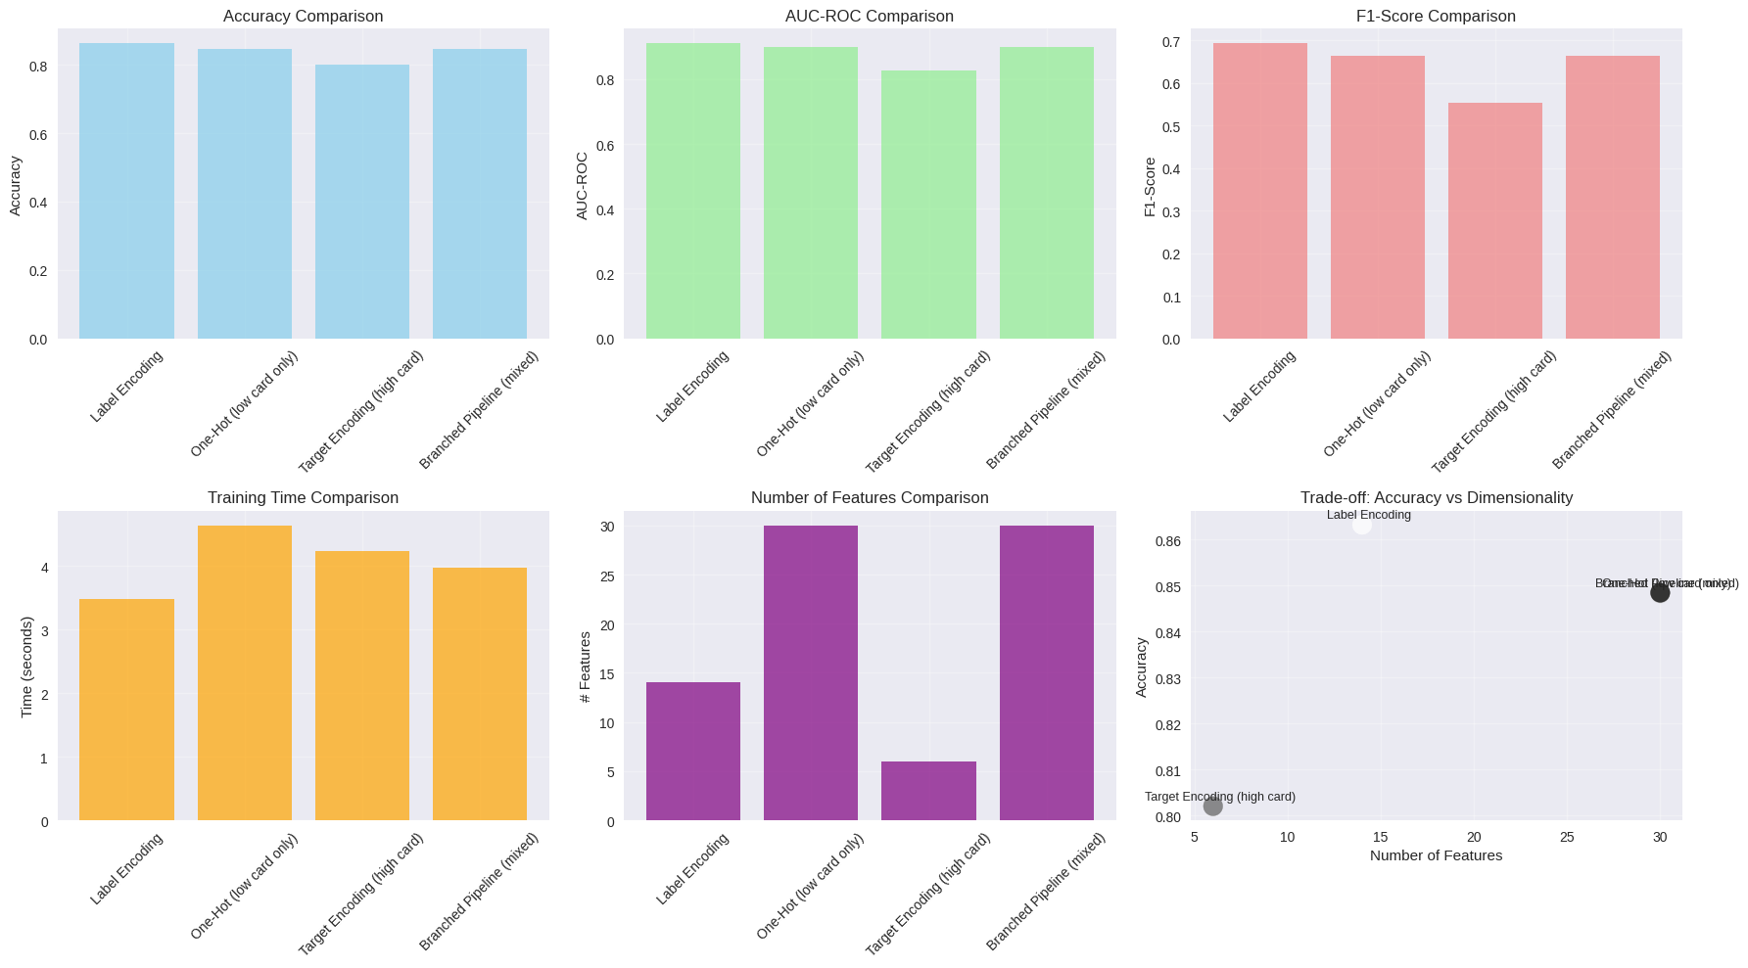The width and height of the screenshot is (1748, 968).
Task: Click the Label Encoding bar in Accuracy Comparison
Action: pos(126,191)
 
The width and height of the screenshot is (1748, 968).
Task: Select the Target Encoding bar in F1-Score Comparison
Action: pos(1494,221)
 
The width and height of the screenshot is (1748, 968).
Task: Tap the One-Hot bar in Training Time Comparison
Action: pos(245,672)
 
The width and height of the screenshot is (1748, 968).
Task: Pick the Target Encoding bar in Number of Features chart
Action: pos(928,791)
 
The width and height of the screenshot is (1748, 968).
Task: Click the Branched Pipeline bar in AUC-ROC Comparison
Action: pos(1046,193)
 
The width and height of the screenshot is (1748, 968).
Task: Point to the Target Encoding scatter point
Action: pos(1212,806)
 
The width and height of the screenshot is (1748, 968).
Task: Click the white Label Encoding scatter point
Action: pos(1361,525)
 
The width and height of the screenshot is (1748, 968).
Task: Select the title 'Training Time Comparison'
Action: pos(303,497)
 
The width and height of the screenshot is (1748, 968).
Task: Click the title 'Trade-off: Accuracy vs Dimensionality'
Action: pos(1436,497)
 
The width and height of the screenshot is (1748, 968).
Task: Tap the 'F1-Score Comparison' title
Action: pos(1436,16)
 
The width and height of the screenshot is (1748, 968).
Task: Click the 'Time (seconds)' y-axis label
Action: pos(26,667)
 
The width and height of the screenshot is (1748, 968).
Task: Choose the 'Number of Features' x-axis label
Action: pos(1436,855)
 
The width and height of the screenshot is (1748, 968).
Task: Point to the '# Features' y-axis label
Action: pos(585,667)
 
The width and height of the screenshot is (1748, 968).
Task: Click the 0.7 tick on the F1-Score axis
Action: pos(1171,41)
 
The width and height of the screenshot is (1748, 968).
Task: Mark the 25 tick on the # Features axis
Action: pos(606,576)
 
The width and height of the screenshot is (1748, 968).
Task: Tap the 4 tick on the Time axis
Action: pos(44,568)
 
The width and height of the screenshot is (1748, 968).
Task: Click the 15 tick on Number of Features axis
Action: pos(1380,837)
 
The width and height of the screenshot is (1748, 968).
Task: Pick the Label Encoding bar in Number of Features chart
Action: pos(692,751)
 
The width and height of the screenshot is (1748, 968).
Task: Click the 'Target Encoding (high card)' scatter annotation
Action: pos(1219,797)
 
